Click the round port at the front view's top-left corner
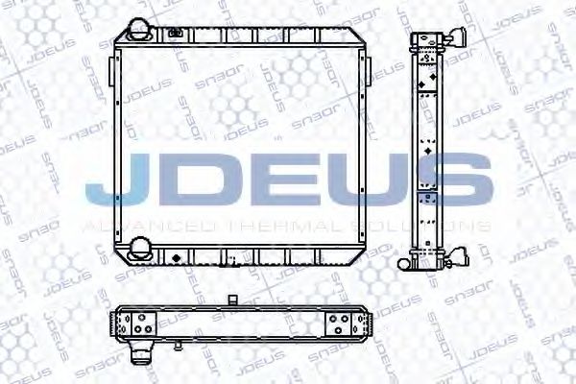pyautogui.click(x=140, y=30)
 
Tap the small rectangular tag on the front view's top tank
pyautogui.click(x=175, y=35)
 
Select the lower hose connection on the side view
pyautogui.click(x=460, y=257)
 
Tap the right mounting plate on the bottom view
pyautogui.click(x=338, y=323)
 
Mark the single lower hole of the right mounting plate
pyautogui.click(x=338, y=332)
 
